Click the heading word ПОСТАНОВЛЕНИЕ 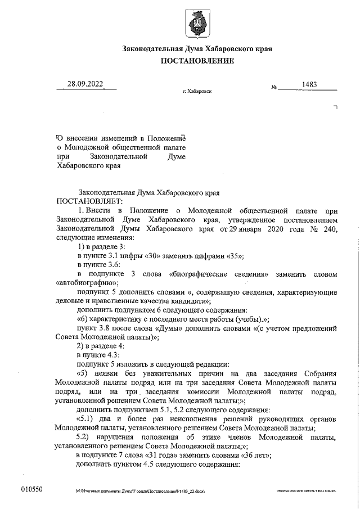(197, 61)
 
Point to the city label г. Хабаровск (197, 91)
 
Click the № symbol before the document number (274, 88)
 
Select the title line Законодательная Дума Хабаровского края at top (197, 49)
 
